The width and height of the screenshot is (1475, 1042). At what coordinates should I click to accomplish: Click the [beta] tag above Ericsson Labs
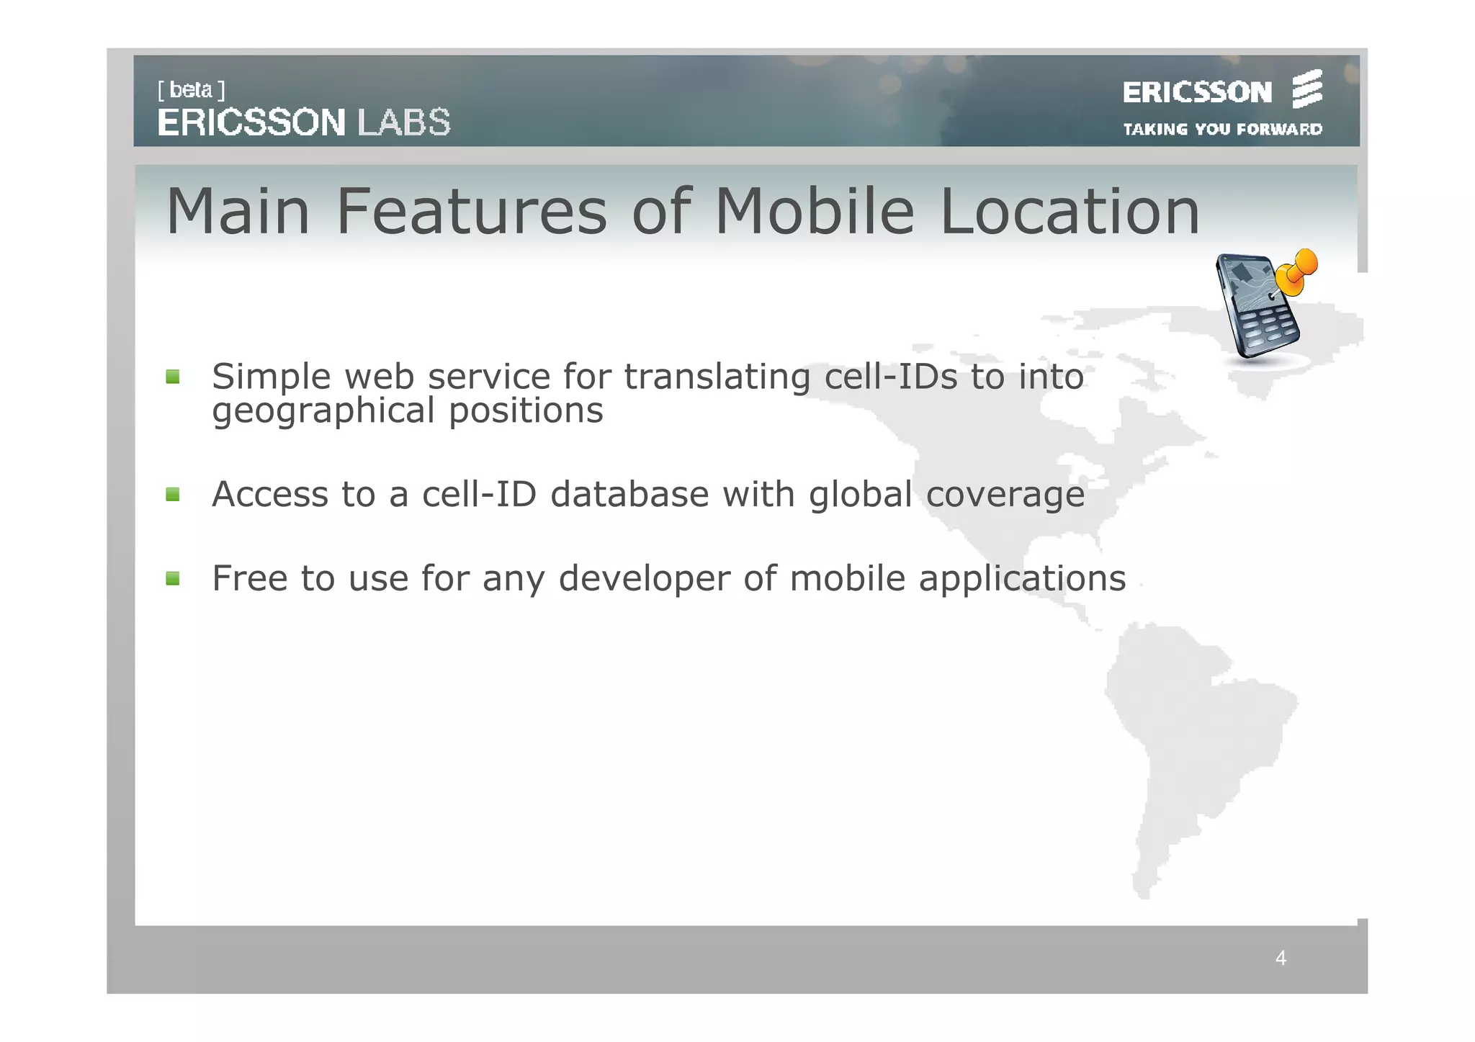(192, 90)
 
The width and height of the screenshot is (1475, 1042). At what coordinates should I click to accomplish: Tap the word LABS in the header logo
(404, 122)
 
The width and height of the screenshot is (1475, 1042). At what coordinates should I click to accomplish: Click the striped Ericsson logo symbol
(1307, 89)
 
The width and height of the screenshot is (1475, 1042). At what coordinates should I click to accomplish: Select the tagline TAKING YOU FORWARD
(1222, 130)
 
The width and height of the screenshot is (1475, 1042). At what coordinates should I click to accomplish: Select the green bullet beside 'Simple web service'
(173, 377)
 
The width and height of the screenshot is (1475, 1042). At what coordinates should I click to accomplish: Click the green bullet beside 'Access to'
(173, 495)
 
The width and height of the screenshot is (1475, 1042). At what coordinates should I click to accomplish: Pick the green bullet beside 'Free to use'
(173, 578)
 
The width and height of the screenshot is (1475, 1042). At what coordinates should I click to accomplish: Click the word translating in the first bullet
(717, 377)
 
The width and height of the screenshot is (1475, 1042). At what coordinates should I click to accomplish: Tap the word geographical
(323, 411)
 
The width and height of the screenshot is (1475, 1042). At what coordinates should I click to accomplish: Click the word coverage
(1005, 495)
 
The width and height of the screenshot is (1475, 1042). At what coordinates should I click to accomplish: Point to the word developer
(645, 578)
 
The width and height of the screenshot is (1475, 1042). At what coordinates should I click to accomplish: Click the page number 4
(1281, 958)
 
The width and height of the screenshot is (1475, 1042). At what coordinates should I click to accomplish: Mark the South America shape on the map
(1196, 742)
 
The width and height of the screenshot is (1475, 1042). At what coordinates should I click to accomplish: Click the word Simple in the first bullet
(271, 377)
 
